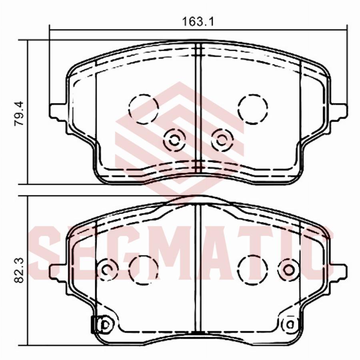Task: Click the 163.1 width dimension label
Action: tap(198, 22)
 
